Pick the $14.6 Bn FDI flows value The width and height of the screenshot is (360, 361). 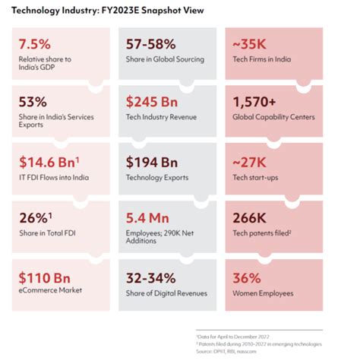[x=47, y=161]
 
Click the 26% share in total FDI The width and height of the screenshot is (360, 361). [x=33, y=219]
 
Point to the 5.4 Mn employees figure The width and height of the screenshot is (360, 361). [x=148, y=219]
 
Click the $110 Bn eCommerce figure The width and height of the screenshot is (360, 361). [x=43, y=277]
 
